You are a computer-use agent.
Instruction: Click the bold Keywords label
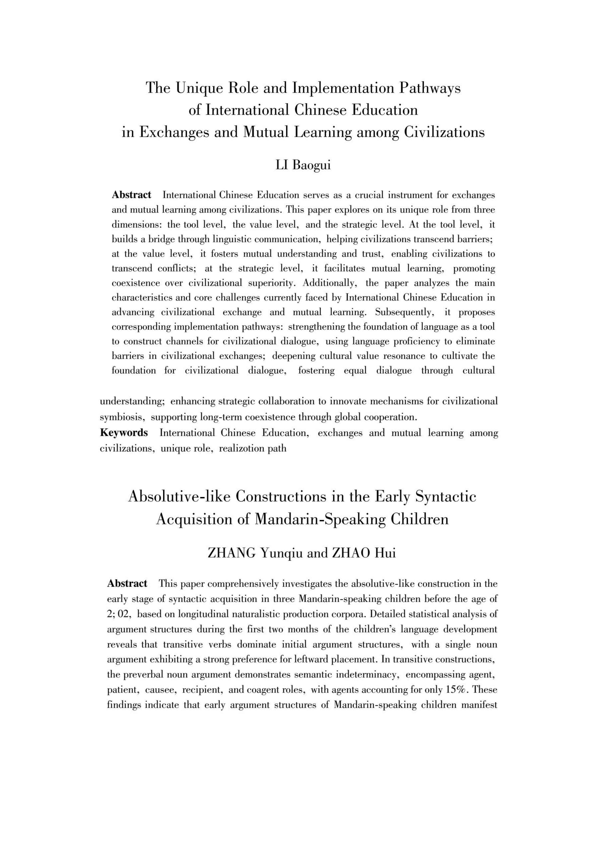pyautogui.click(x=124, y=433)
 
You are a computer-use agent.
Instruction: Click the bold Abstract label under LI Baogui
pyautogui.click(x=131, y=195)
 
